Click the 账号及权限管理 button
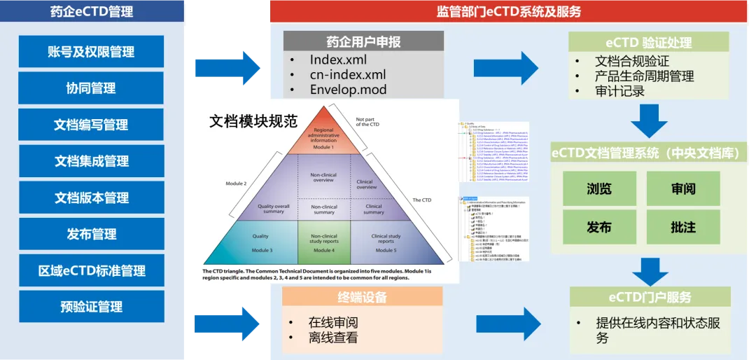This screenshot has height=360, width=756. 91,52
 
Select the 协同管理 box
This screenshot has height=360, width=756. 91,88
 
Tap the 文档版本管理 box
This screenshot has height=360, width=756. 91,198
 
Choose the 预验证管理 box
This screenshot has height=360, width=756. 91,307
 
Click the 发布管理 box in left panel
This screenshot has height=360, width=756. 91,234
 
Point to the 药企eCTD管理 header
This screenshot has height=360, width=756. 92,11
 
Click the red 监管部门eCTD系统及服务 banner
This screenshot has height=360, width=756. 508,11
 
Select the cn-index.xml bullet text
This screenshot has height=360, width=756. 348,74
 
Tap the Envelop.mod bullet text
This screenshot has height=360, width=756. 348,90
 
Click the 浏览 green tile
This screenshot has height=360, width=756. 598,189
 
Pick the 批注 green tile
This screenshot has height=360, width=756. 682,227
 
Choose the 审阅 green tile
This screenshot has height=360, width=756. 682,189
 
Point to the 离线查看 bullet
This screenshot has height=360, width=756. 333,338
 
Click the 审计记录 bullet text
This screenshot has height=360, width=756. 619,91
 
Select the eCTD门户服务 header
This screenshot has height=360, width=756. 650,298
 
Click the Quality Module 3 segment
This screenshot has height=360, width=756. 260,242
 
